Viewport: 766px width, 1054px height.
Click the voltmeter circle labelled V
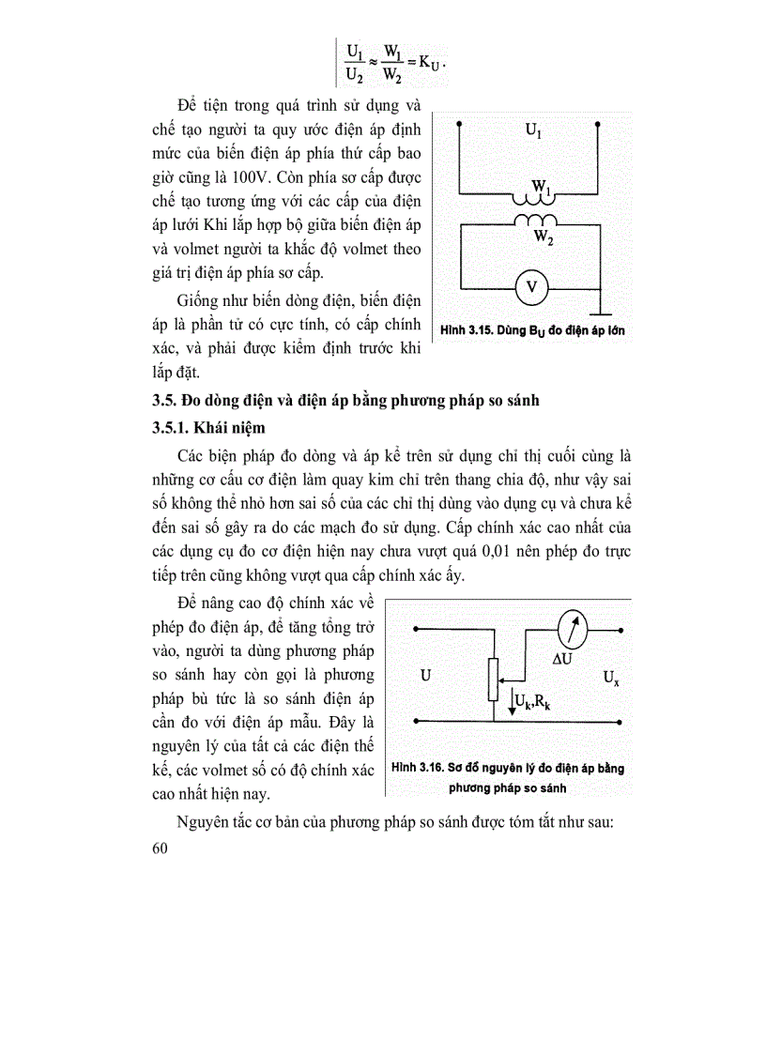(530, 287)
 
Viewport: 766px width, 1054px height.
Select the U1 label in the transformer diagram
(532, 133)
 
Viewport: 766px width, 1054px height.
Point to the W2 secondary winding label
(543, 238)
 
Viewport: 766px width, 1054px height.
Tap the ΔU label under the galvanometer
(563, 660)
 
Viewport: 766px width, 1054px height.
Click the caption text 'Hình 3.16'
(418, 768)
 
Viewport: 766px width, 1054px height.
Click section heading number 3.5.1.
(173, 427)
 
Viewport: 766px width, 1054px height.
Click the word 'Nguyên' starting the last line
(203, 823)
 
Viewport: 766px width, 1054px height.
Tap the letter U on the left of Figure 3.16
(426, 675)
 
